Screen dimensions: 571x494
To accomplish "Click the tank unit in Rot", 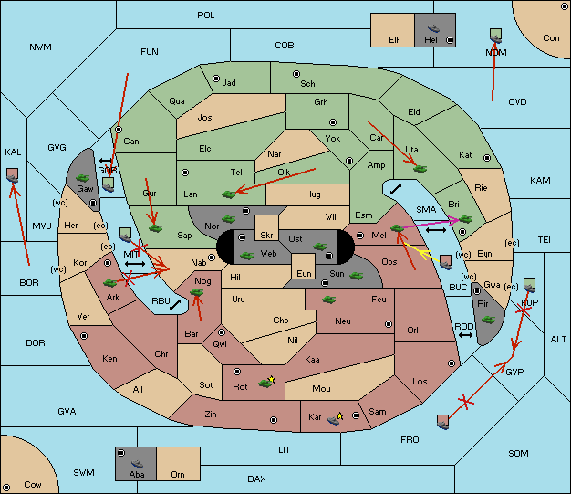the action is click(265, 383).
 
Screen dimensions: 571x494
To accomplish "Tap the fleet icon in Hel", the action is click(433, 28).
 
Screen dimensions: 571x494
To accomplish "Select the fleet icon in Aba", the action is click(137, 463).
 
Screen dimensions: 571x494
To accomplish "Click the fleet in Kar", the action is click(334, 420).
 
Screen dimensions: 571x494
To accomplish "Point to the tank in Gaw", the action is click(82, 178).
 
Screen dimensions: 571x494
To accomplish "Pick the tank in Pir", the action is click(488, 320).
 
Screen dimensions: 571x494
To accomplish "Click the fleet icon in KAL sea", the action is click(13, 175).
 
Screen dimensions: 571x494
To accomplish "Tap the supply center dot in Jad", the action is click(216, 79).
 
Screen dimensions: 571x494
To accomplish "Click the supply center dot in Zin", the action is click(274, 420).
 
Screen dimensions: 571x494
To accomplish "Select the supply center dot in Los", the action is click(452, 363).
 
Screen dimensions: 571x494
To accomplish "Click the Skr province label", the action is click(266, 236).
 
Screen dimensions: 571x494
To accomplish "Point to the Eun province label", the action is click(304, 273).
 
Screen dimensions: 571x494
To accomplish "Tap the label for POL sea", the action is click(206, 16).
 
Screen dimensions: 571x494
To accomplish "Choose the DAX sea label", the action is click(256, 478).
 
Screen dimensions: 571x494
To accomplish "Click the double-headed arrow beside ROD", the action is click(465, 335).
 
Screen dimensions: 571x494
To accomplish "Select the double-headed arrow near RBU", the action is click(175, 305).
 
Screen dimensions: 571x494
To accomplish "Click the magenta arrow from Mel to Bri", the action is click(432, 223).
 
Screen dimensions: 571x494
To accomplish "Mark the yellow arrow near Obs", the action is click(423, 252).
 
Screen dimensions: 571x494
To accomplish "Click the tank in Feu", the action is click(329, 300).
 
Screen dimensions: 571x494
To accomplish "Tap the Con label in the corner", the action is click(551, 38).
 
